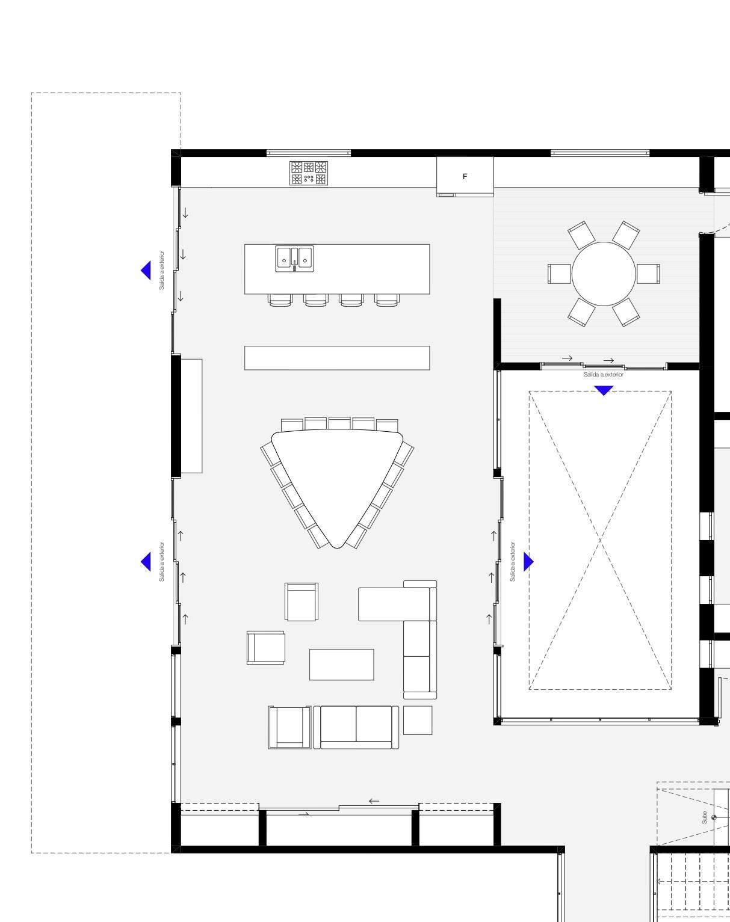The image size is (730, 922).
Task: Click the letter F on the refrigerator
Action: pyautogui.click(x=465, y=176)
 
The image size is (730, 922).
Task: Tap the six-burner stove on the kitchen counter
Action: pyautogui.click(x=309, y=173)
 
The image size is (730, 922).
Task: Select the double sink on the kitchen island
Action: pyautogui.click(x=294, y=259)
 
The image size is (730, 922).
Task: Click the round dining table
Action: pyautogui.click(x=604, y=274)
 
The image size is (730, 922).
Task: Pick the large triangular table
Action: pyautogui.click(x=338, y=484)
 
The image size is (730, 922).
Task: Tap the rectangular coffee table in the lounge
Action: pyautogui.click(x=342, y=665)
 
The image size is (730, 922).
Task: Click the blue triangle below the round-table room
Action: pyautogui.click(x=604, y=390)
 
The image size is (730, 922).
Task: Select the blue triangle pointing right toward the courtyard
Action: pyautogui.click(x=528, y=562)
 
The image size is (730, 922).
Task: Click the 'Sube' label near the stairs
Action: pyautogui.click(x=704, y=817)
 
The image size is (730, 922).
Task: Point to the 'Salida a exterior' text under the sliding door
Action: pyautogui.click(x=604, y=375)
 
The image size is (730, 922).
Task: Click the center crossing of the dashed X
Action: pyautogui.click(x=600, y=540)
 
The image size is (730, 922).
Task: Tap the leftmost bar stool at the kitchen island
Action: pyautogui.click(x=280, y=300)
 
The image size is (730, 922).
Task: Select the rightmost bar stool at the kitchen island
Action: pyautogui.click(x=387, y=300)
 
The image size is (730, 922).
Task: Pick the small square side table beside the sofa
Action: pyautogui.click(x=418, y=720)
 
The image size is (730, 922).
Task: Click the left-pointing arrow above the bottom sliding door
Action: pyautogui.click(x=374, y=801)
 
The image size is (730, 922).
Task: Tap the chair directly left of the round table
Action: pyautogui.click(x=560, y=274)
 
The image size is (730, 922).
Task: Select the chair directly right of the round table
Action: pyautogui.click(x=648, y=274)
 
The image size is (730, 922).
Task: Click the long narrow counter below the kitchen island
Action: pyautogui.click(x=337, y=358)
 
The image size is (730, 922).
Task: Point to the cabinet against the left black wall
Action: pyautogui.click(x=191, y=416)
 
